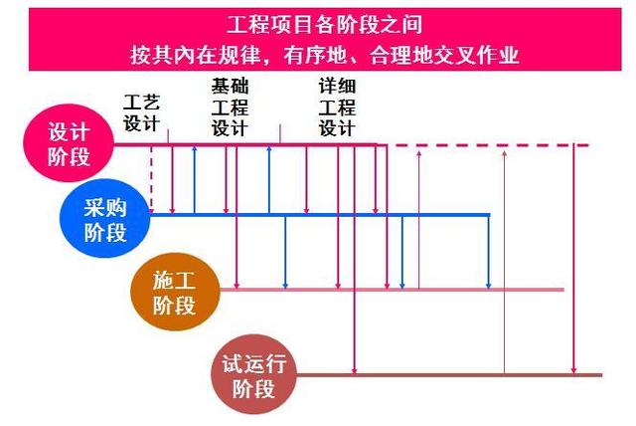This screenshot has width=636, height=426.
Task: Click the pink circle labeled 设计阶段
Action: (68, 145)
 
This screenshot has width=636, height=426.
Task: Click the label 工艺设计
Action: (139, 112)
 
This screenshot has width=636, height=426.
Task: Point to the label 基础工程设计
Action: (230, 107)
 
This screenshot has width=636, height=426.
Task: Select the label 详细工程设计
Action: (337, 107)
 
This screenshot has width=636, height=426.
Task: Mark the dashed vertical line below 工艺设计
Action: (151, 179)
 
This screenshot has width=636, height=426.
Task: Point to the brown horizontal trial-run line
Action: (447, 375)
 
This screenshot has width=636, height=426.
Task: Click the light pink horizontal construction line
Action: (397, 290)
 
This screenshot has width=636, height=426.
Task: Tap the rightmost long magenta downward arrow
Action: (573, 259)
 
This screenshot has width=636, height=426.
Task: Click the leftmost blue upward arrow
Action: (194, 179)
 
